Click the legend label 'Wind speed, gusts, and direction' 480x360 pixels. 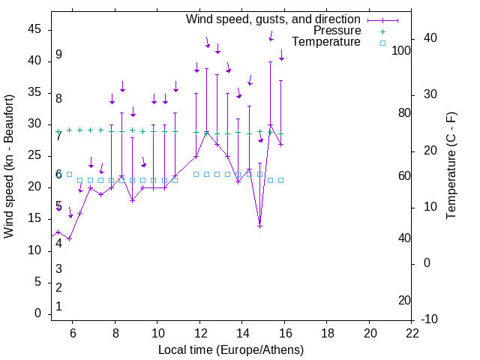pos(273,19)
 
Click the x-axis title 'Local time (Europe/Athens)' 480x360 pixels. pos(231,349)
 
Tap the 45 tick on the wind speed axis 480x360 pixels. pos(34,28)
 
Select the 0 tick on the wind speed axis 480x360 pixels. pos(37,313)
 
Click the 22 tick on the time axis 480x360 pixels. pos(412,333)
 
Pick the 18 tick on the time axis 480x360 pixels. pos(327,333)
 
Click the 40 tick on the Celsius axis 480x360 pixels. pos(430,38)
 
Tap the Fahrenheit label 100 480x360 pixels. pos(402,51)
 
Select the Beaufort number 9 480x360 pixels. pos(58,55)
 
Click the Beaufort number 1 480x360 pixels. pos(58,306)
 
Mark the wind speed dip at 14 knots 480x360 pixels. pos(259,226)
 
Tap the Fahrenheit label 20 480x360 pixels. pos(404,300)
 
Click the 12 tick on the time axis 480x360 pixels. pos(199,333)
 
